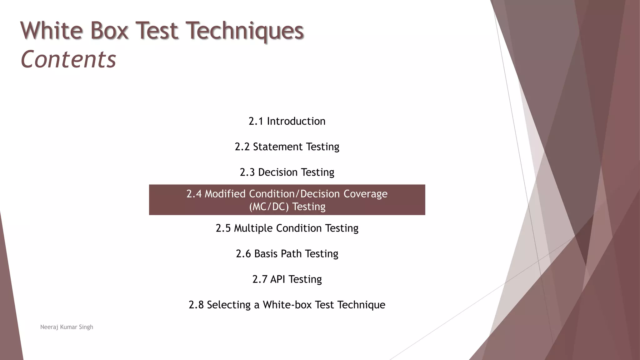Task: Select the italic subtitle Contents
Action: pos(68,59)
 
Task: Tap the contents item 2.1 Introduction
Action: pos(287,121)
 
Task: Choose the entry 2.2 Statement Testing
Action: pos(287,147)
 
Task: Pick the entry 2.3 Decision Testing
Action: pos(287,172)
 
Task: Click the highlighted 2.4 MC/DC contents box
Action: pos(287,200)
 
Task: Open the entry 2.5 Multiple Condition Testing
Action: pos(287,228)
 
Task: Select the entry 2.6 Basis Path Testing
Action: pos(287,254)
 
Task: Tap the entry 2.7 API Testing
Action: pos(287,279)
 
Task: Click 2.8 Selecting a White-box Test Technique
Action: pos(287,305)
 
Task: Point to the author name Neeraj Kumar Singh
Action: pos(67,327)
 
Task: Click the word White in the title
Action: pos(52,31)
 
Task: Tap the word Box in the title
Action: pos(109,31)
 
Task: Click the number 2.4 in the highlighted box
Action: pos(194,194)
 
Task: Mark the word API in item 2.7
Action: pos(277,279)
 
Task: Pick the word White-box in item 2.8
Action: pos(287,305)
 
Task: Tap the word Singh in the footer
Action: pos(86,327)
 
